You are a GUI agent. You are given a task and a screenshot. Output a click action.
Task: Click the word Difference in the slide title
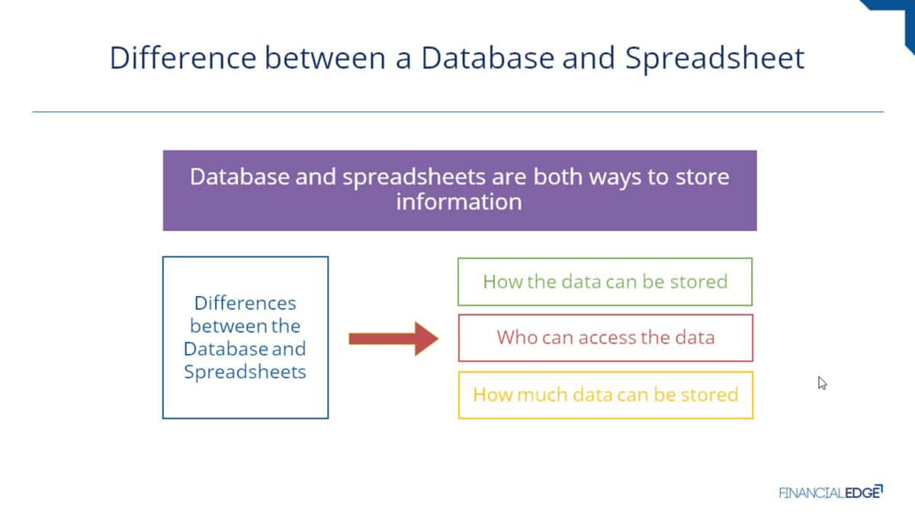[183, 58]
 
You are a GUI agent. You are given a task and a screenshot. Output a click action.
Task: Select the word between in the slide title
[325, 58]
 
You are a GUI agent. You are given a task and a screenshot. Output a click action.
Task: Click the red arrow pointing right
[393, 339]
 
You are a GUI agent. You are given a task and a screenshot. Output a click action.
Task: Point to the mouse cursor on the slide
[822, 383]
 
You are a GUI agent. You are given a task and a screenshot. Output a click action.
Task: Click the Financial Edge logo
[831, 492]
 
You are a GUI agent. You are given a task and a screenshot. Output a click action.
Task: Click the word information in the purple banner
[459, 202]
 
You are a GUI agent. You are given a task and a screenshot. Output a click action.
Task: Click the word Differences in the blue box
[245, 304]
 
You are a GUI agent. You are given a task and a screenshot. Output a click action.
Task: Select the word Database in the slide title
[488, 58]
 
